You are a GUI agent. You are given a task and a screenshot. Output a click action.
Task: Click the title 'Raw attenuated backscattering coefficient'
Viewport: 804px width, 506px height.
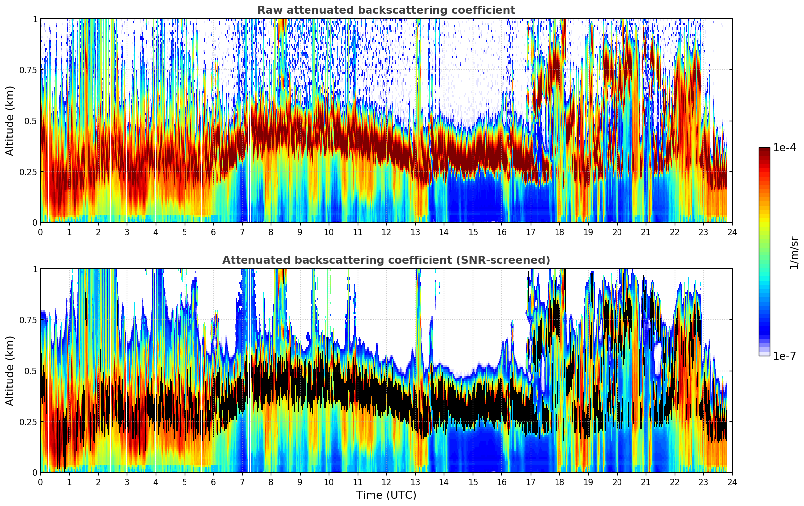pyautogui.click(x=386, y=10)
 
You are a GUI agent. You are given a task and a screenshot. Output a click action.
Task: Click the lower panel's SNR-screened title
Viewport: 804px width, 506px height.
pyautogui.click(x=386, y=260)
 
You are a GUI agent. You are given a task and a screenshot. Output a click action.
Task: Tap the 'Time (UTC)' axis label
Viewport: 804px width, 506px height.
pyautogui.click(x=386, y=495)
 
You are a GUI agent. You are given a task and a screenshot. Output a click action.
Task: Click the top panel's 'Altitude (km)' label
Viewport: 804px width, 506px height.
pyautogui.click(x=10, y=121)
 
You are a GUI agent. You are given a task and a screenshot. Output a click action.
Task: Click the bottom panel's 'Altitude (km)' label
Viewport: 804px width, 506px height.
pyautogui.click(x=10, y=371)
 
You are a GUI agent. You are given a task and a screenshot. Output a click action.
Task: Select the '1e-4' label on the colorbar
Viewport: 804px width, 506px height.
pyautogui.click(x=784, y=148)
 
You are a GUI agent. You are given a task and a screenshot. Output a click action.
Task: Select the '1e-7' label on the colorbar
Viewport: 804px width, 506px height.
pyautogui.click(x=784, y=356)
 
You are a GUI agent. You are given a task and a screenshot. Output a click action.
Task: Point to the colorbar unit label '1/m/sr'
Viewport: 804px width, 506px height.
pyautogui.click(x=794, y=253)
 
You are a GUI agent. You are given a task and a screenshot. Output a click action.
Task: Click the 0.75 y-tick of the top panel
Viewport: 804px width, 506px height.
pyautogui.click(x=28, y=70)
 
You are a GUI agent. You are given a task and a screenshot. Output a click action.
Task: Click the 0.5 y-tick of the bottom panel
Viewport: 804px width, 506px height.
pyautogui.click(x=31, y=371)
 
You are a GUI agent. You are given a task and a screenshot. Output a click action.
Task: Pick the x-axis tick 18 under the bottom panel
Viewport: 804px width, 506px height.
pyautogui.click(x=559, y=482)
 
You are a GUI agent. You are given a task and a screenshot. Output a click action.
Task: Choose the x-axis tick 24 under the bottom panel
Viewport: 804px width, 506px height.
pyautogui.click(x=732, y=482)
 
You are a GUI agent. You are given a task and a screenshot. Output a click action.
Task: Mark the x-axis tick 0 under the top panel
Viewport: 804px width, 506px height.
pyautogui.click(x=40, y=232)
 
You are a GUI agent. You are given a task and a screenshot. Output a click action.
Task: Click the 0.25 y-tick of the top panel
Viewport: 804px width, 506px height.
pyautogui.click(x=28, y=172)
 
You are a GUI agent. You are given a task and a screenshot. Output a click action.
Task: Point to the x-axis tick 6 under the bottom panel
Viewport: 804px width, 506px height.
pyautogui.click(x=213, y=482)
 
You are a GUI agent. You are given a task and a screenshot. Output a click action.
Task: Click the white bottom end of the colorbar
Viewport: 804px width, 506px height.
pyautogui.click(x=764, y=354)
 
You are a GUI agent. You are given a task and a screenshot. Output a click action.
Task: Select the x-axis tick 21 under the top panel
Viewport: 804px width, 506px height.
pyautogui.click(x=646, y=232)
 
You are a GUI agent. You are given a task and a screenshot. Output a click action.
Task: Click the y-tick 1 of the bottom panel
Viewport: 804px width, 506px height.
pyautogui.click(x=35, y=269)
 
